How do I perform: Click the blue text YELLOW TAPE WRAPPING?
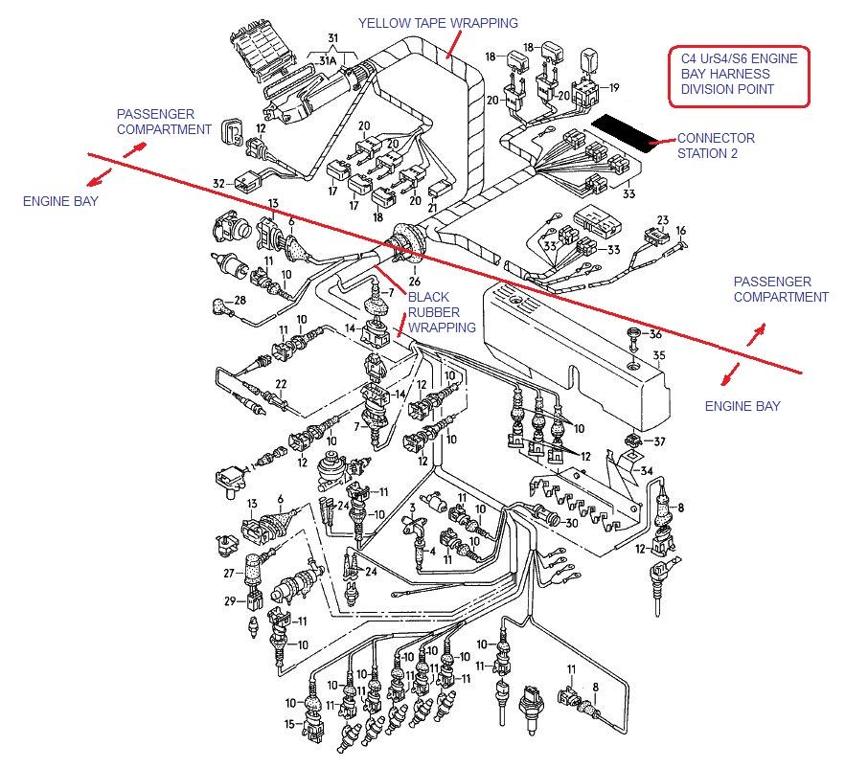[438, 23]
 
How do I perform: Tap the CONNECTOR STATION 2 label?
[716, 146]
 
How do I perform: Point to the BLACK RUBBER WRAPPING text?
[442, 312]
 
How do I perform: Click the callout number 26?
[414, 282]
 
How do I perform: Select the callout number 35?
[658, 356]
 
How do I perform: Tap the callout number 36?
[655, 334]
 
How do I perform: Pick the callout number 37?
[658, 441]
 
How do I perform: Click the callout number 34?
[647, 470]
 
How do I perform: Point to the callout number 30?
[571, 523]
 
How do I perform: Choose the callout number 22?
[281, 385]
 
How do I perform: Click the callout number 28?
[240, 301]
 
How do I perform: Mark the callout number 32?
[218, 183]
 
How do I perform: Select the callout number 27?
[228, 574]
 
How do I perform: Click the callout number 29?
[229, 600]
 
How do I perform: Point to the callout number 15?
[288, 725]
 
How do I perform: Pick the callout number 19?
[614, 88]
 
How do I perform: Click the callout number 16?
[681, 231]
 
